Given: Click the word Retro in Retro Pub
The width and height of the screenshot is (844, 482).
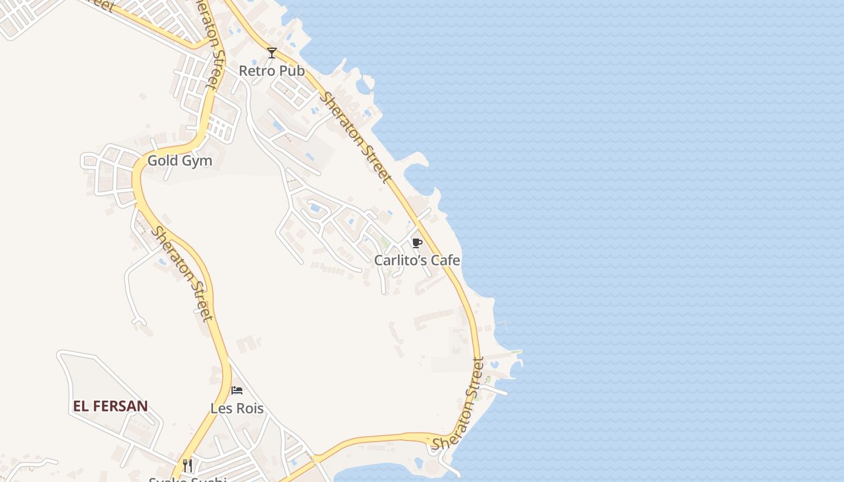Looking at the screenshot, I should point(256,70).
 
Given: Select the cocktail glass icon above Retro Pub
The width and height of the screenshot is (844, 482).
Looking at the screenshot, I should point(272,53).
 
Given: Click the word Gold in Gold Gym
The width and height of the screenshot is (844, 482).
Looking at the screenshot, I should point(162,161).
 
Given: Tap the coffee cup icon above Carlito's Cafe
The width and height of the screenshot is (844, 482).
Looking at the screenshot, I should point(416,243).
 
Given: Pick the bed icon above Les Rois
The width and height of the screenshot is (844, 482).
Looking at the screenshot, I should point(237,390).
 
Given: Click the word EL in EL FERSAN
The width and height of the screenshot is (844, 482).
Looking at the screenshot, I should point(81,406).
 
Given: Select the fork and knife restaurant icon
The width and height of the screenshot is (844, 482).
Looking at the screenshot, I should point(187,465).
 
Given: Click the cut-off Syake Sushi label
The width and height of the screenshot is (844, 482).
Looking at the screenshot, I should point(187,479).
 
